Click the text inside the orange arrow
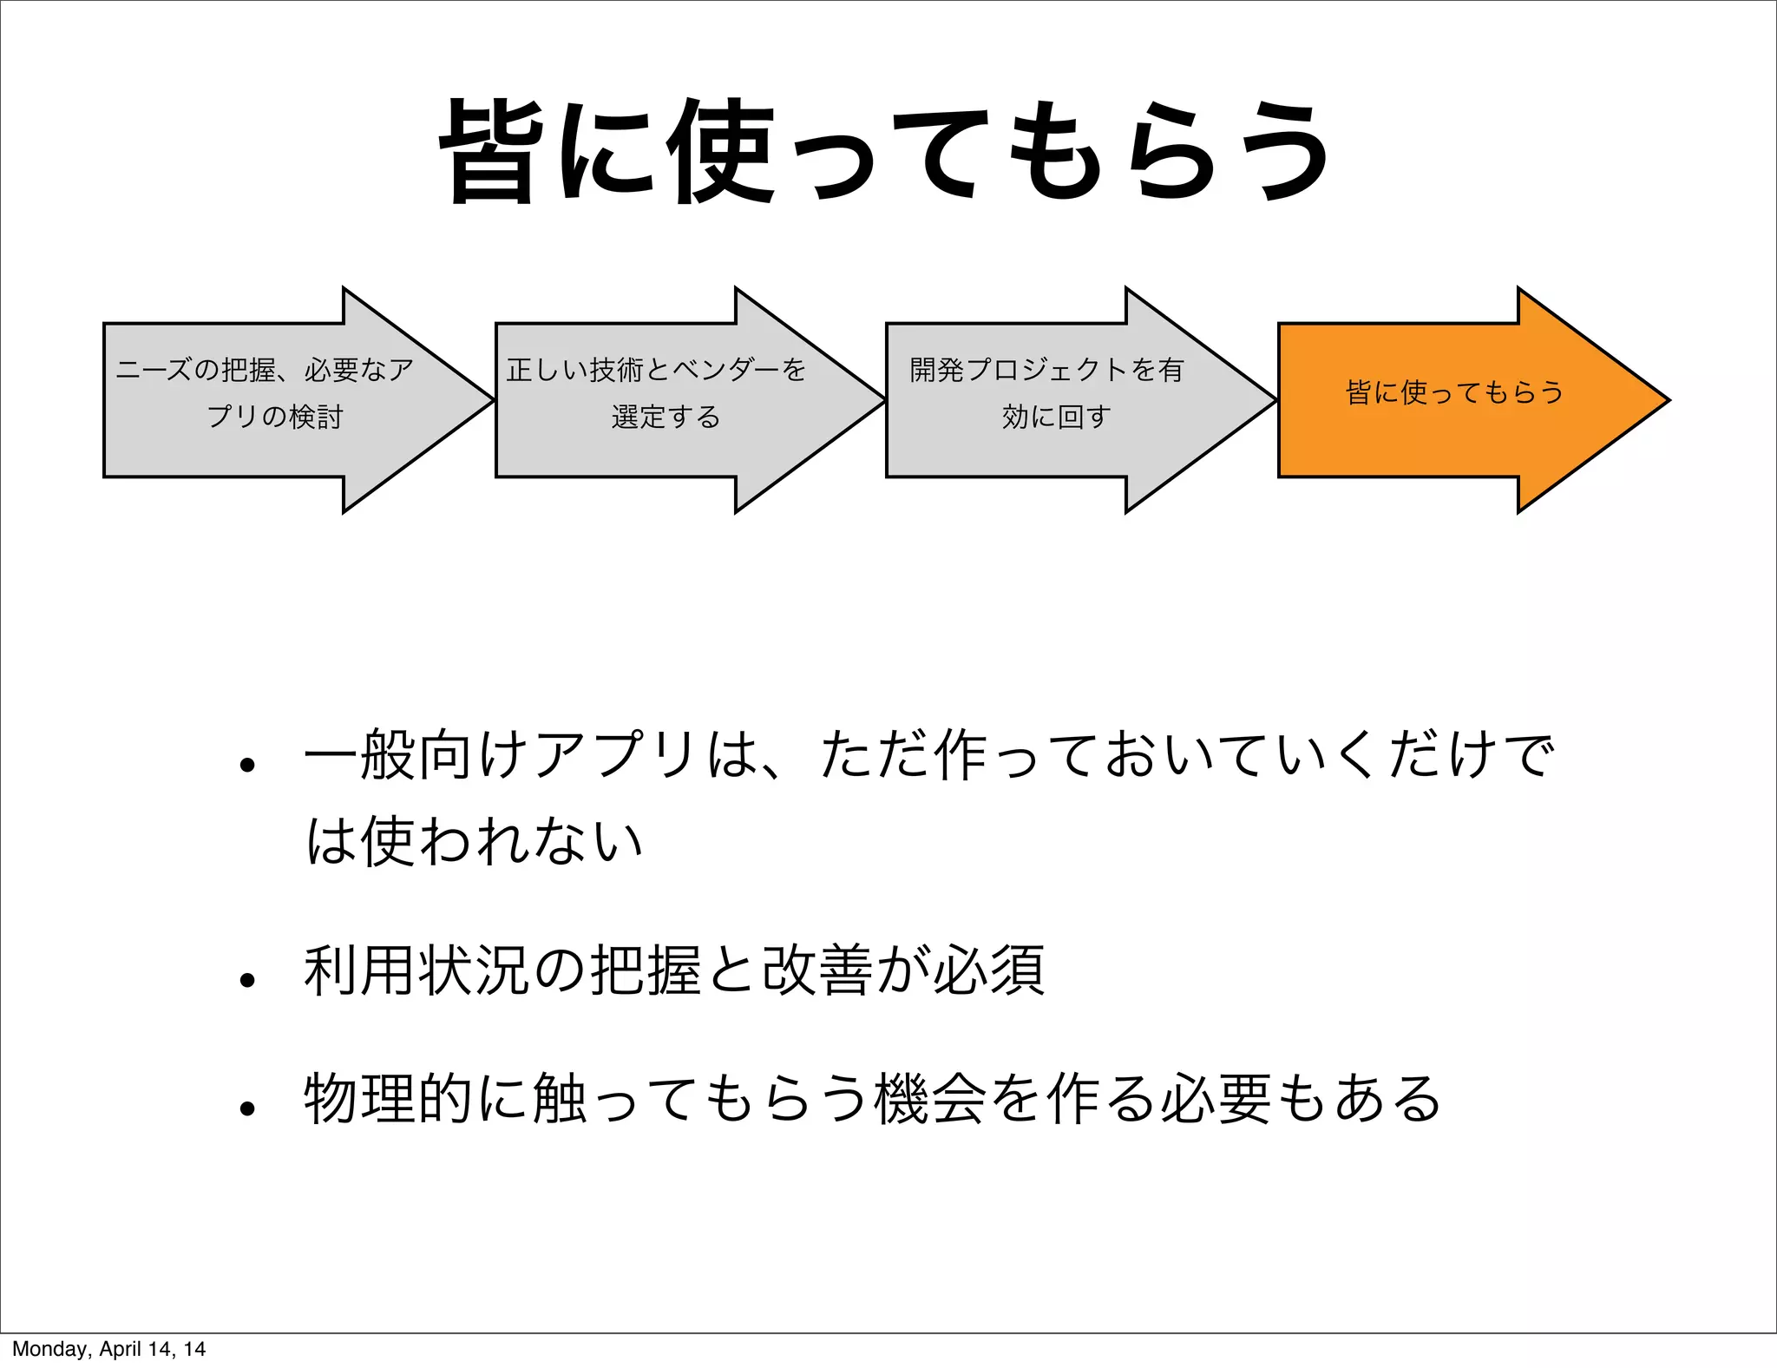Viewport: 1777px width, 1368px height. coord(1454,392)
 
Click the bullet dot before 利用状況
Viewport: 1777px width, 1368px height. coord(248,980)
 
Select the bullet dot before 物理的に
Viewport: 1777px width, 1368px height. coord(248,1108)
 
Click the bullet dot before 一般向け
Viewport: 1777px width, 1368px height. coord(248,765)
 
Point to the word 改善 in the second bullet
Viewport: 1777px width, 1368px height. coord(817,970)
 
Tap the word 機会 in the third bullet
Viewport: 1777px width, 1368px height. coord(930,1099)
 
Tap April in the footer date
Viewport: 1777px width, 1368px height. coord(121,1349)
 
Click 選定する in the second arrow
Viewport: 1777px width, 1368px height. coord(666,418)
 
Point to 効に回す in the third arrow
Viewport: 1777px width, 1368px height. coord(1056,418)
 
